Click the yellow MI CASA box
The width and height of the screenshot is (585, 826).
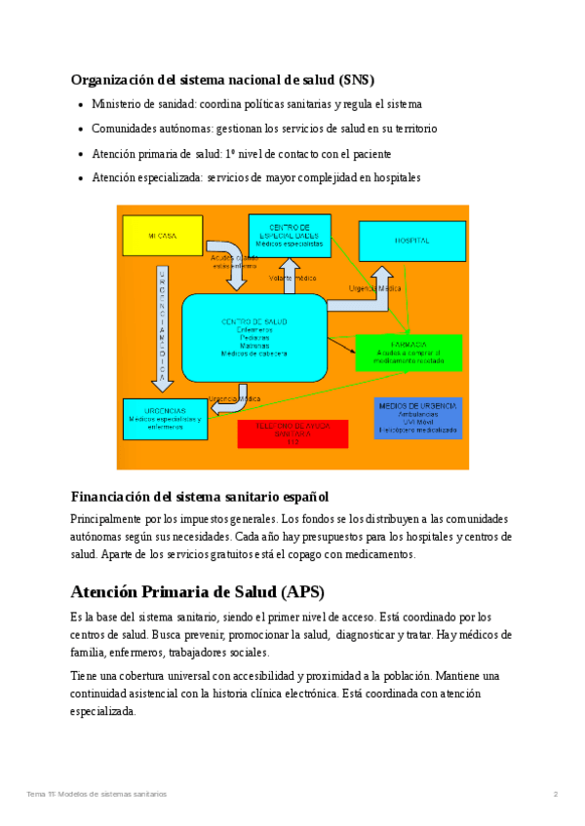tap(163, 236)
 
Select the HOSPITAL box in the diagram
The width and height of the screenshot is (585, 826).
tap(410, 240)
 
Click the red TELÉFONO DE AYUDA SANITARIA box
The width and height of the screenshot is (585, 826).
tap(292, 433)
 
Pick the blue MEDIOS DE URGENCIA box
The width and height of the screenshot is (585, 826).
tap(417, 418)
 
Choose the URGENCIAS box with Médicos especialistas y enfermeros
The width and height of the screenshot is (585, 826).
tap(165, 419)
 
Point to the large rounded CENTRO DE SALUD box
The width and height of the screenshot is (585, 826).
tap(253, 337)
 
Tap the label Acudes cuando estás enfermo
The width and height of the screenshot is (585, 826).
tap(234, 261)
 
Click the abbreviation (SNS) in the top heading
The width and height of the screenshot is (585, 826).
tap(356, 80)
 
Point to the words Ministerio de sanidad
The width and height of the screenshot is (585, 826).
tap(136, 104)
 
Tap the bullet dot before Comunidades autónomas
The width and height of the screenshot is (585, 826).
tap(80, 130)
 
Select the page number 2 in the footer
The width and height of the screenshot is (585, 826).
tap(555, 794)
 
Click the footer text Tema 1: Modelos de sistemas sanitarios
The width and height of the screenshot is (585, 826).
tap(97, 794)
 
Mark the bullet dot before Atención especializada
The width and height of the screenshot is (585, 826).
tap(80, 179)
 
